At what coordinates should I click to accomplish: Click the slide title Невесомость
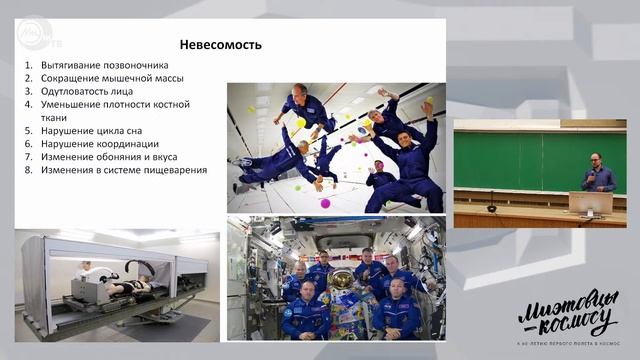pos(220,44)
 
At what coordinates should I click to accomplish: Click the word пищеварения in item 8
pos(175,170)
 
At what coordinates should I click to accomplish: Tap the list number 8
pos(29,170)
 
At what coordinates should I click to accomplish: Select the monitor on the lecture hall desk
pos(591,202)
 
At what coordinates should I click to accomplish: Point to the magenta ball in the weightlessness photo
pos(325,203)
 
